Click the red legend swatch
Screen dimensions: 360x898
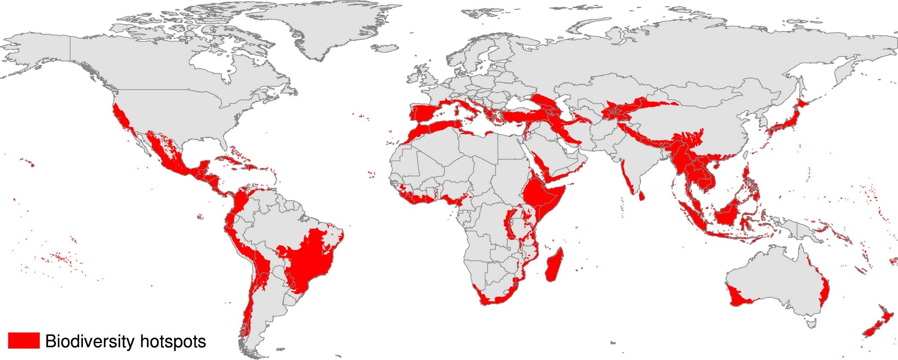point(24,341)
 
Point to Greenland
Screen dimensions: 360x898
point(322,30)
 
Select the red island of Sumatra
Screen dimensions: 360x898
point(690,216)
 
